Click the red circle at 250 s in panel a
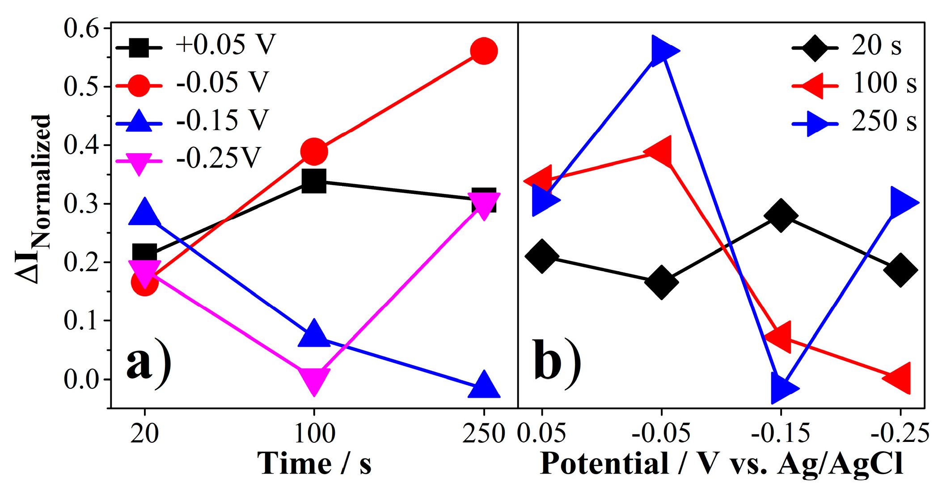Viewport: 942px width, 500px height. coord(483,51)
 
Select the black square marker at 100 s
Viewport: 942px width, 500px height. coord(314,181)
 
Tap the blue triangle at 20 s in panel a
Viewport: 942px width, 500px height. coord(144,213)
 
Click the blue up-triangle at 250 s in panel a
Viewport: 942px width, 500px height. coord(483,386)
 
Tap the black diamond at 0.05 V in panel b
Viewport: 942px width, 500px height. coord(542,256)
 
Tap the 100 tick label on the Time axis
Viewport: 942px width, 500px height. coord(314,433)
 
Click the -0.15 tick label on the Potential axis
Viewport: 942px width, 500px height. coord(781,433)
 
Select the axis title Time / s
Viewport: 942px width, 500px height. coord(314,464)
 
